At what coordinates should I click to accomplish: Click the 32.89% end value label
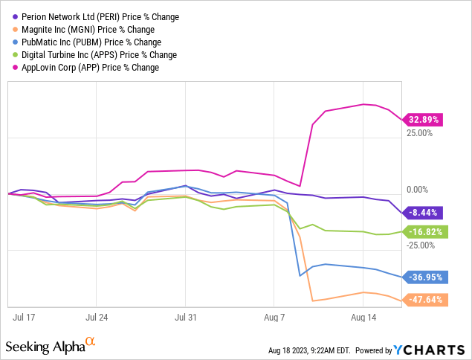424,119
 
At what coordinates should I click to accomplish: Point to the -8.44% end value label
424,212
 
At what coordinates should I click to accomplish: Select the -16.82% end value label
424,231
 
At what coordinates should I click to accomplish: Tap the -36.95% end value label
424,277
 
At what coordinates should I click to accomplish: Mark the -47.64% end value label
424,300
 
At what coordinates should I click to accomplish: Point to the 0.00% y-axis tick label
419,190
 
